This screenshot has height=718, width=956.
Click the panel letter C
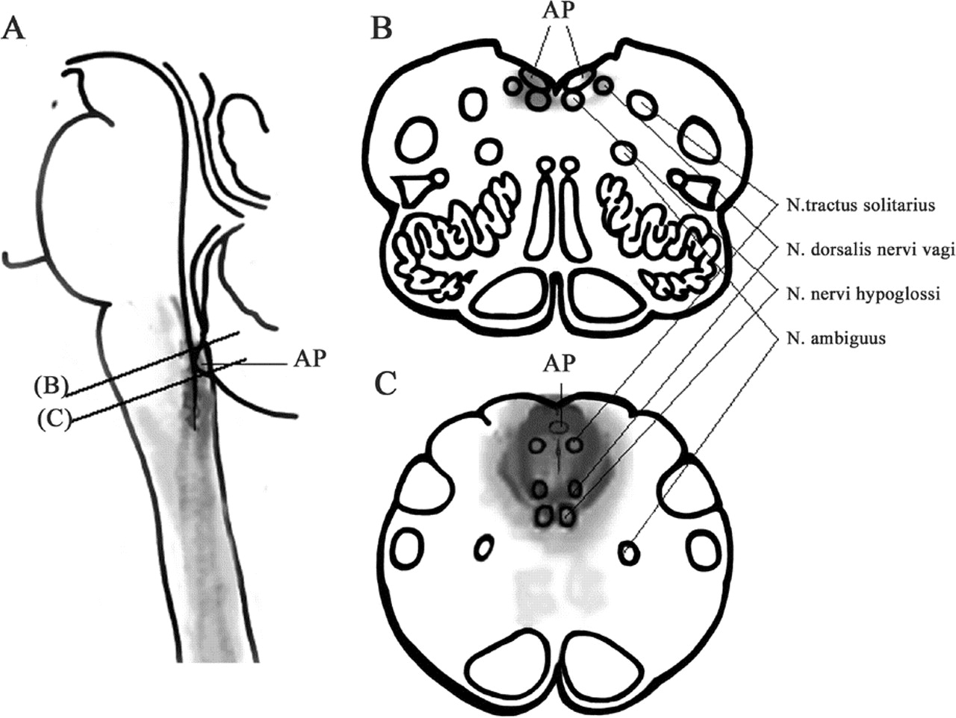tap(386, 383)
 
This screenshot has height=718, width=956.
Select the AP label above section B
tap(556, 30)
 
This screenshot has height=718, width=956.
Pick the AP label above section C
tap(560, 363)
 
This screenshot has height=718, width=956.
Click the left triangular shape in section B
tap(415, 188)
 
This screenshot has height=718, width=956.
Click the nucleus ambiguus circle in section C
tap(630, 553)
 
